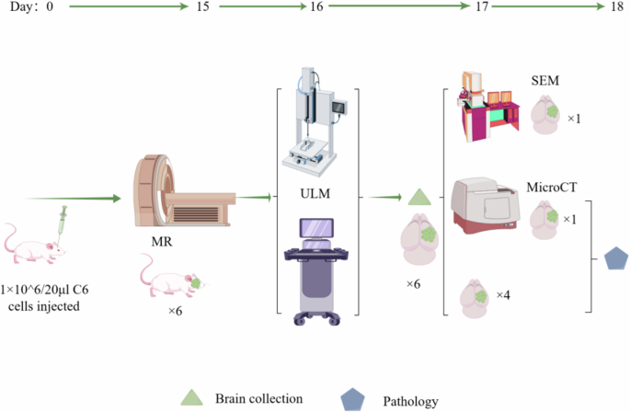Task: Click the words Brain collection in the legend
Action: pos(258,397)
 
